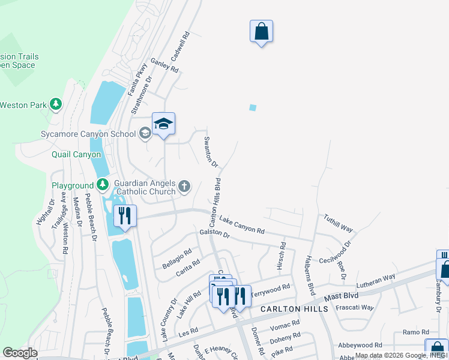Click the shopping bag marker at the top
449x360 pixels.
[261, 31]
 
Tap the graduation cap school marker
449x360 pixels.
[163, 124]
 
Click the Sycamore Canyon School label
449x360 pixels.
[88, 134]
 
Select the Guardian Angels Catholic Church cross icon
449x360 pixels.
[184, 187]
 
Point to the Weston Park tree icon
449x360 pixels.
[56, 105]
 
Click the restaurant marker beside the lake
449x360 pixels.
[125, 216]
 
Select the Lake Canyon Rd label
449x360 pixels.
[241, 226]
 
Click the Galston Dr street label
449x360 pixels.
[215, 234]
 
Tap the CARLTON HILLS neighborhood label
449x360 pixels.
[294, 308]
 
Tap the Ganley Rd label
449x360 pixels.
[165, 65]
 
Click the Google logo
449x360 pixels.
[20, 353]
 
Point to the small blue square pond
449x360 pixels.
[253, 108]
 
